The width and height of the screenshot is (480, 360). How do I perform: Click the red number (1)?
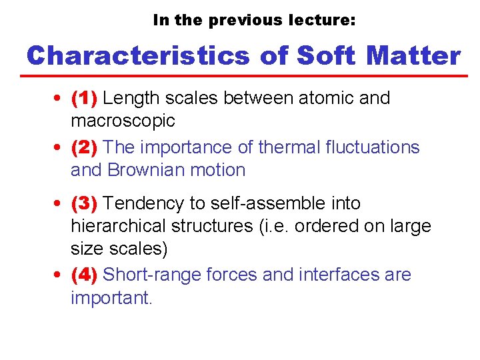[85, 98]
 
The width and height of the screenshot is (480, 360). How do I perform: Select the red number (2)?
[85, 147]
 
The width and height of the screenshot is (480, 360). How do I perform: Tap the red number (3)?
[85, 203]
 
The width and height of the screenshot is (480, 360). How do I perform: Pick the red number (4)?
[85, 274]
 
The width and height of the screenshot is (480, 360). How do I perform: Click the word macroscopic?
[123, 121]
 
